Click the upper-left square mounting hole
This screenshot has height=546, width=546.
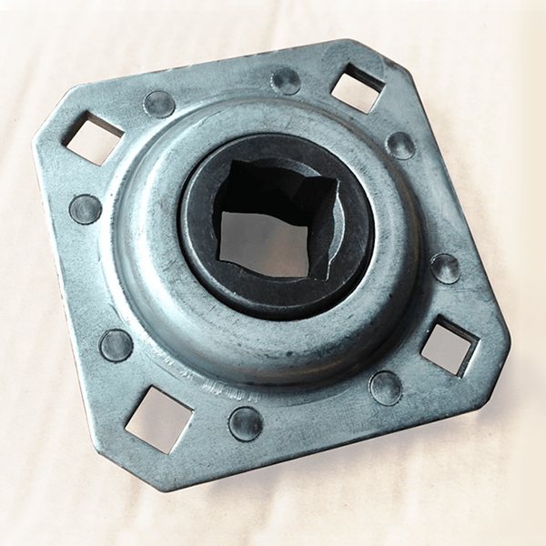click(92, 136)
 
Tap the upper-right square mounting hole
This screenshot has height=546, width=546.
click(356, 89)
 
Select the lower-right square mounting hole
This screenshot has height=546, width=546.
click(449, 345)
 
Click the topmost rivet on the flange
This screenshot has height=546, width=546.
click(286, 81)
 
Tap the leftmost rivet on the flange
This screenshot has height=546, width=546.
click(86, 209)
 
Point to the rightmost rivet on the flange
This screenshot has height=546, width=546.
click(445, 268)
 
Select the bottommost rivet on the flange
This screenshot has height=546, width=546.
click(246, 423)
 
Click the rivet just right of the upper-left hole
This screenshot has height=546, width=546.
click(159, 104)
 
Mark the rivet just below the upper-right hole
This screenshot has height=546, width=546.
click(400, 145)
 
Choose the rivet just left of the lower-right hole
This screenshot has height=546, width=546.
click(386, 388)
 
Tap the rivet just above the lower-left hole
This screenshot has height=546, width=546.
click(116, 345)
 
